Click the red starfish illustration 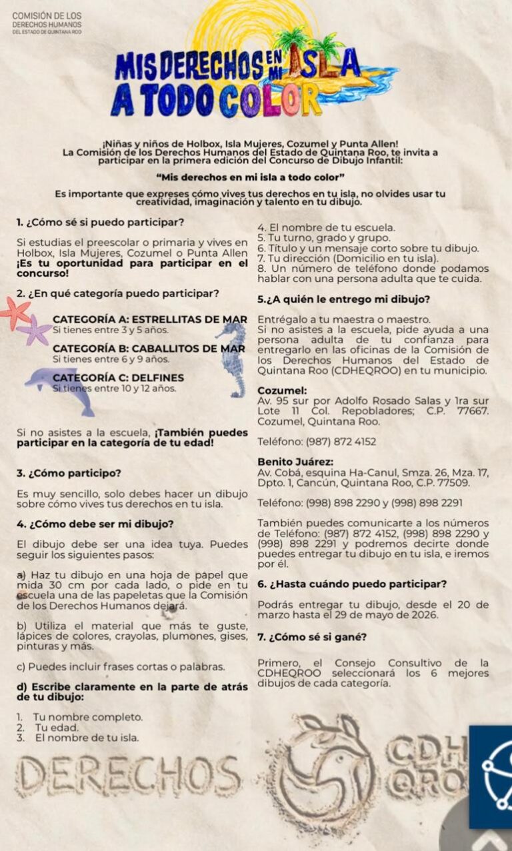[15, 312]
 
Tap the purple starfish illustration [34, 331]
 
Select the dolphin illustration [61, 388]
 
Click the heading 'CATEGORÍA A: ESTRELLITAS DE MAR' [150, 319]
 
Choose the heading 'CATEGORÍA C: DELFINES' [118, 378]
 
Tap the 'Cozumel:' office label [282, 391]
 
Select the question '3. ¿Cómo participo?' [69, 473]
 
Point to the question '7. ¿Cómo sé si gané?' [312, 636]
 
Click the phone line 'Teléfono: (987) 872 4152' [317, 441]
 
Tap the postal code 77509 [454, 482]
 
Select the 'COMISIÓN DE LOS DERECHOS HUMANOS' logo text [47, 23]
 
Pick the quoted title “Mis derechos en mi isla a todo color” [250, 177]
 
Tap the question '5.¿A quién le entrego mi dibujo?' [343, 299]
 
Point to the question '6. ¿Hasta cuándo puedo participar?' [352, 584]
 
